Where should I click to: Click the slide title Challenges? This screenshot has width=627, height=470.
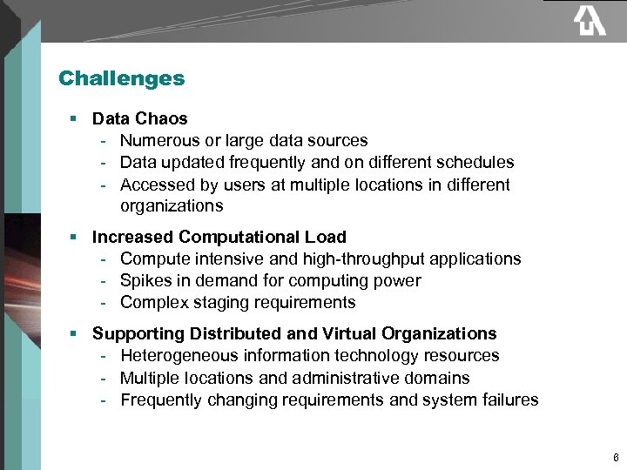(121, 78)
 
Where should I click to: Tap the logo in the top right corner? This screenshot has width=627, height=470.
(589, 21)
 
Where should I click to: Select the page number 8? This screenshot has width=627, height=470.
(616, 457)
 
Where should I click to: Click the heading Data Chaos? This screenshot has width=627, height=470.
(139, 117)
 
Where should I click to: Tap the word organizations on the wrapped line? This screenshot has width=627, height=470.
(172, 206)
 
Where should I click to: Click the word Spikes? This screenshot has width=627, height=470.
(145, 281)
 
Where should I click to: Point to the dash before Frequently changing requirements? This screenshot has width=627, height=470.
(104, 400)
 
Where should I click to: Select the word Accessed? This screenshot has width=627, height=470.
(154, 185)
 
